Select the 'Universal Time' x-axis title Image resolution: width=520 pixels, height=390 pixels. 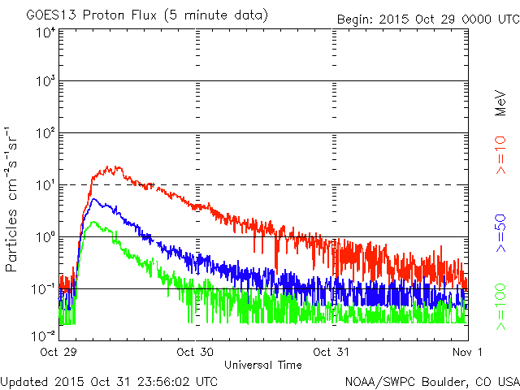coord(263,365)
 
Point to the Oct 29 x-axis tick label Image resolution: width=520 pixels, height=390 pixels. coord(59,352)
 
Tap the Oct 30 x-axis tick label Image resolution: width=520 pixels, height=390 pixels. coord(195,352)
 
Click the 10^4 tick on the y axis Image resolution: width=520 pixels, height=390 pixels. coord(44,32)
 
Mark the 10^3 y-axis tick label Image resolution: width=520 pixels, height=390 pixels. coord(44,81)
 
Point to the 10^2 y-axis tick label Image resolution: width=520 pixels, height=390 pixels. coord(44,133)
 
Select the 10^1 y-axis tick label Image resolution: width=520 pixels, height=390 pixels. coord(44,185)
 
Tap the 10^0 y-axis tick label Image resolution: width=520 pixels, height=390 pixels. coord(44,237)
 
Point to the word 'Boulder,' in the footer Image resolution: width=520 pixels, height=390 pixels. coord(439,381)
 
